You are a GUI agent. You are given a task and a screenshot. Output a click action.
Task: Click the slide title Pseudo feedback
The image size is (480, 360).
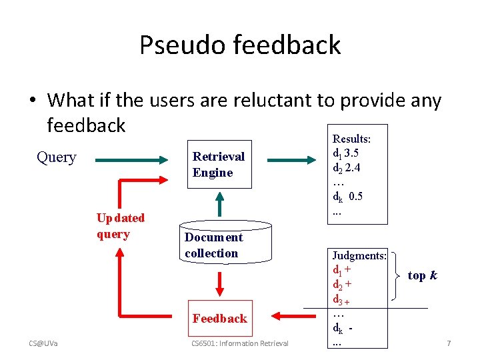coord(240,45)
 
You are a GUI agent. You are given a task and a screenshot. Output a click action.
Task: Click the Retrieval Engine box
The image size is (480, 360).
coord(219,165)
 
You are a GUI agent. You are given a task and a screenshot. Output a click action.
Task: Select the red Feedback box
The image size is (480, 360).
coord(219,318)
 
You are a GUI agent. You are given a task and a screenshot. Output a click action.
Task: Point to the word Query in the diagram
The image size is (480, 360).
coord(57,157)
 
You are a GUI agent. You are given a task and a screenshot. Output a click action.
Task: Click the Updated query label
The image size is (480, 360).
coord(120,225)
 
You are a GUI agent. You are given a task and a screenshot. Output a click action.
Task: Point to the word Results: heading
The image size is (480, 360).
coord(351,139)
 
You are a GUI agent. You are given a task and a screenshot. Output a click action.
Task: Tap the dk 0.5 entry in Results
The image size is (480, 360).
coord(348,197)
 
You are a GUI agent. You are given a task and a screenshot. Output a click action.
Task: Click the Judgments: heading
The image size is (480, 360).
coord(359,255)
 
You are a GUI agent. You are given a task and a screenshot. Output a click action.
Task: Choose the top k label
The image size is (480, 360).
coord(422,275)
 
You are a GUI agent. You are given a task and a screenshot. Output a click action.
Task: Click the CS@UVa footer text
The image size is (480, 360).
coord(43,343)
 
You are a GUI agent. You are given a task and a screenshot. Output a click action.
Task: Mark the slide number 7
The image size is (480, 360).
coord(449,343)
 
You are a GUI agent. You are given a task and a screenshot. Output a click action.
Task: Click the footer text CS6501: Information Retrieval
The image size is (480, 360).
coord(239,343)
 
